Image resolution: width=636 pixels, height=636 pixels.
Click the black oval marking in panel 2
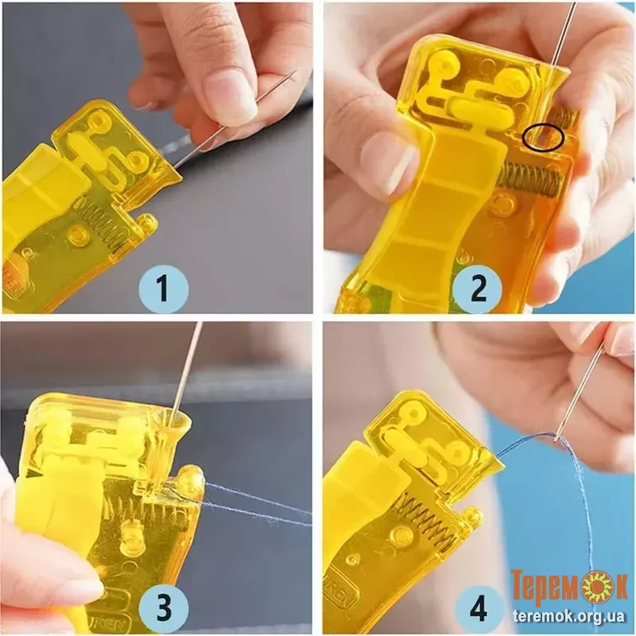point(544,138)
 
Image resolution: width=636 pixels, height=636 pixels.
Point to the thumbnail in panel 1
point(230,98)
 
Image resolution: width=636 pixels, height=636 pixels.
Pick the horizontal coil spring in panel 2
point(529,180)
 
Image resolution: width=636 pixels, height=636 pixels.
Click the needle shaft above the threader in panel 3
point(187,368)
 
